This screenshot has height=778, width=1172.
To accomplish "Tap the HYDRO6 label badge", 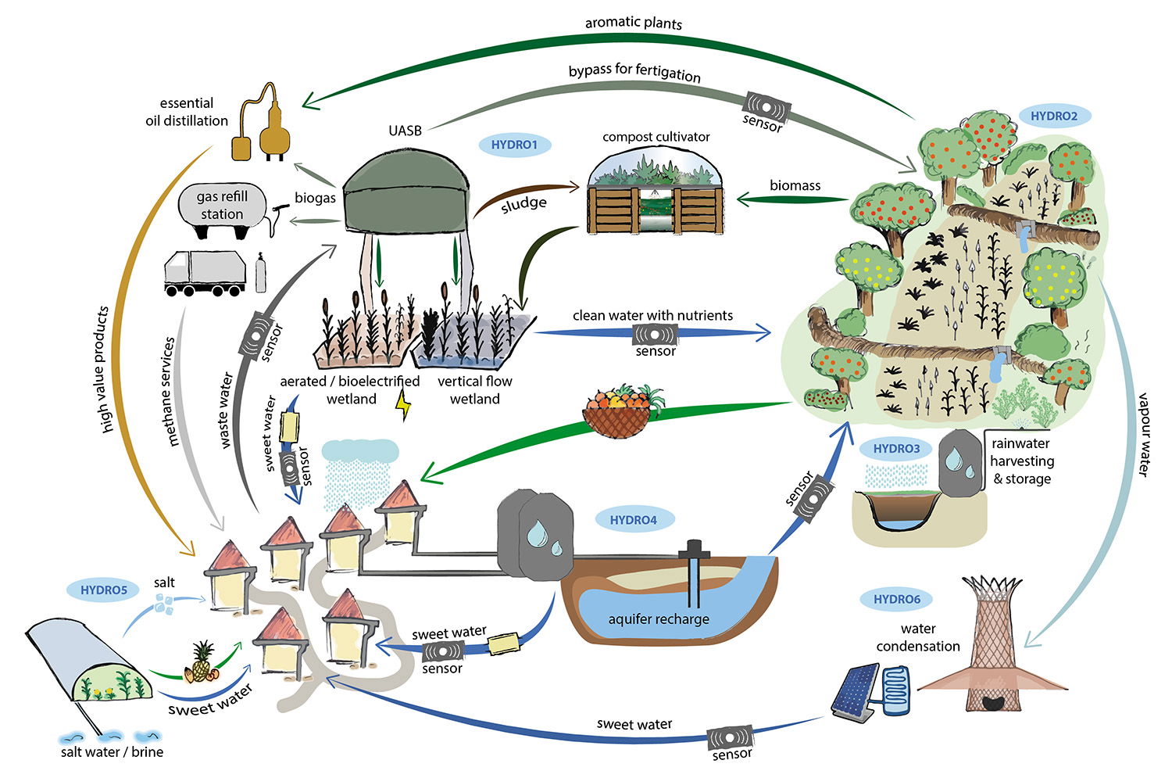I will pos(896,600).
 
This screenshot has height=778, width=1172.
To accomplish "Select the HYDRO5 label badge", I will pos(103,590).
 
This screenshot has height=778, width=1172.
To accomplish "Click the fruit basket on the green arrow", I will pos(620,411).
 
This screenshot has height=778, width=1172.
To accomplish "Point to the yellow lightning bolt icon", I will pos(404,405).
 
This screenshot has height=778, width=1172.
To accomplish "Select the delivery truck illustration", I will pos(205,273).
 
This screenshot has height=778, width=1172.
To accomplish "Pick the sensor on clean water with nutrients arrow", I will pos(655,334).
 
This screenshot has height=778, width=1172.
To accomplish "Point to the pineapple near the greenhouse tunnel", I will pos(202,661).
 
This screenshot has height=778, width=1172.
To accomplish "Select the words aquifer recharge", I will pos(659,618).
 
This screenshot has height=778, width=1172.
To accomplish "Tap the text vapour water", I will pos(1143,434).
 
